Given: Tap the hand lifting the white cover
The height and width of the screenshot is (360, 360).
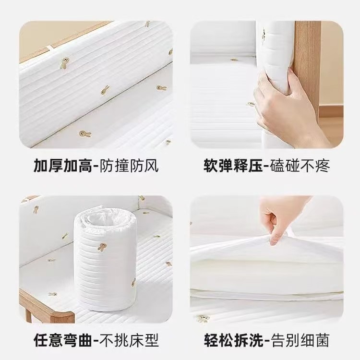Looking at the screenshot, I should pyautogui.click(x=283, y=216).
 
